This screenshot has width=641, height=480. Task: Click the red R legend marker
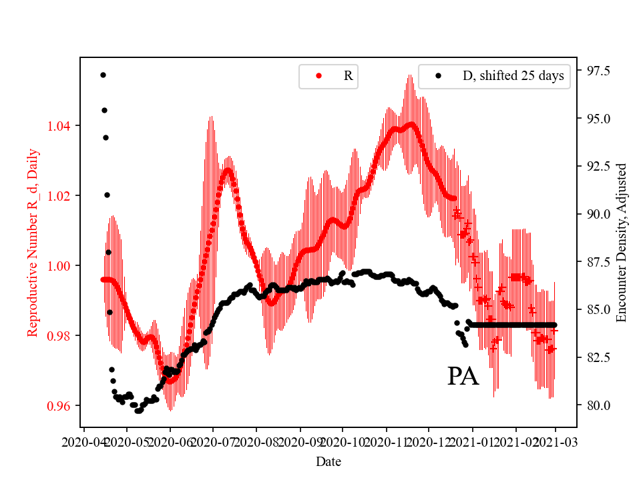[x=318, y=76]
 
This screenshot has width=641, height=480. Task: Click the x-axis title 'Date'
[x=329, y=461]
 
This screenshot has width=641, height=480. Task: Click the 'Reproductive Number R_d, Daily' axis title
[x=32, y=242]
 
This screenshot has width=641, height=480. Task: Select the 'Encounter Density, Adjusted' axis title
[x=622, y=242]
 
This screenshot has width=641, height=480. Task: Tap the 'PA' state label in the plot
[x=463, y=377]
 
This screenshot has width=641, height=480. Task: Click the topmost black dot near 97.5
[x=103, y=75]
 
